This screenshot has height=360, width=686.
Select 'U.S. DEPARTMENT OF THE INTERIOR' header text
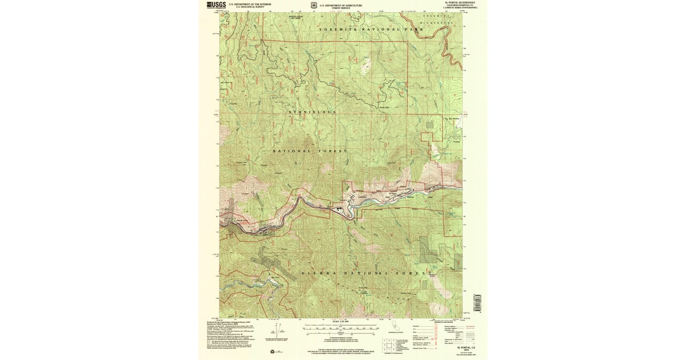pyautogui.click(x=250, y=4)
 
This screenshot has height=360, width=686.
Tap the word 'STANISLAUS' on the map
pyautogui.click(x=312, y=111)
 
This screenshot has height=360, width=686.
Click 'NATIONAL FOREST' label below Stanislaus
pyautogui.click(x=309, y=151)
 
